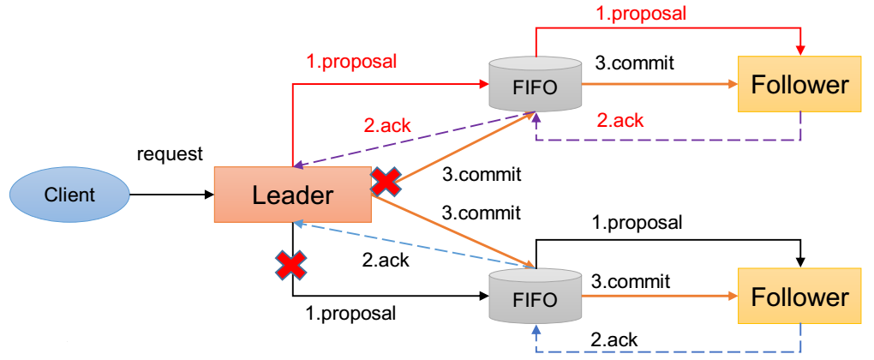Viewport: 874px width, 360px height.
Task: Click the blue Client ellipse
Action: (x=71, y=195)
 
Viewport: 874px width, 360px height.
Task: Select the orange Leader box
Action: (x=292, y=195)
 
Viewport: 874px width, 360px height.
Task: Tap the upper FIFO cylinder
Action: (x=535, y=86)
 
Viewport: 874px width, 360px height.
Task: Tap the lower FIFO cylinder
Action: (x=535, y=299)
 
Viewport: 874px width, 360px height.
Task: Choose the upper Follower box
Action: (x=799, y=85)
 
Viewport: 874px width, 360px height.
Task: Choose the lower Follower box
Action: (x=799, y=297)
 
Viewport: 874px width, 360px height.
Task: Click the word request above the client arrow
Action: (x=170, y=154)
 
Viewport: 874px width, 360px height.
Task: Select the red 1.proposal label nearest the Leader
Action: (x=351, y=62)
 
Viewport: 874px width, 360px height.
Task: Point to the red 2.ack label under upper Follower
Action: (x=620, y=120)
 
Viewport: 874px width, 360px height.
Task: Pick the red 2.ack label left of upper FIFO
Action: (x=386, y=125)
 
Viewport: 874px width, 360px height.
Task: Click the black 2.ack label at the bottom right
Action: (x=614, y=339)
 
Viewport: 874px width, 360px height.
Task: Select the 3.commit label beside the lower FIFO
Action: (x=630, y=281)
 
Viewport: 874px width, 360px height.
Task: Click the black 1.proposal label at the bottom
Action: (x=350, y=313)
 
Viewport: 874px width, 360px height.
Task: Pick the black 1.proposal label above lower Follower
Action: (x=637, y=223)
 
